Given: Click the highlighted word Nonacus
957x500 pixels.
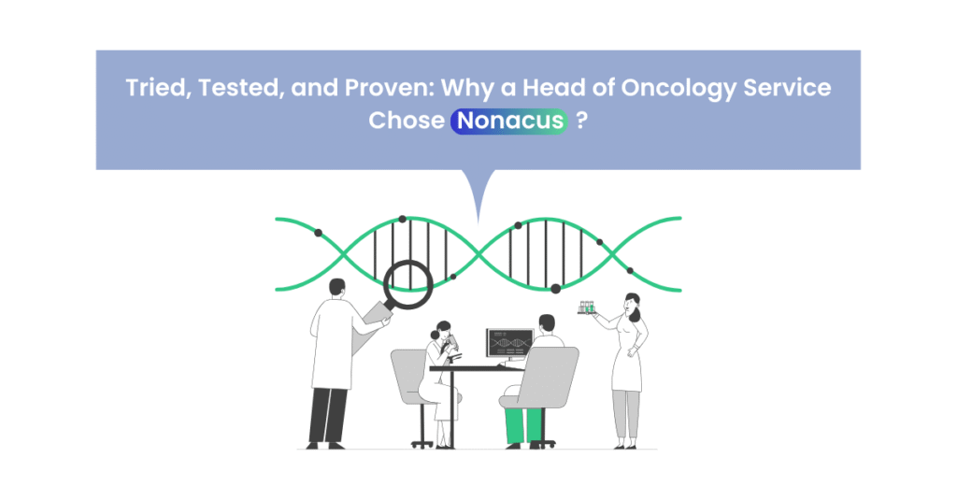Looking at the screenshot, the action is click(509, 121).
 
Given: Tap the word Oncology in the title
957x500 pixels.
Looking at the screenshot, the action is click(678, 89).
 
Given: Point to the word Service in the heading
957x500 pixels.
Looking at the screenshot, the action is click(787, 87).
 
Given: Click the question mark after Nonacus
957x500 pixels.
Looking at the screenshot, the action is click(581, 121).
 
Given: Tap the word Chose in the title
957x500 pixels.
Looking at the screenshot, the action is click(406, 121).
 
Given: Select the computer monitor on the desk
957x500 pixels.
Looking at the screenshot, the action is click(510, 343).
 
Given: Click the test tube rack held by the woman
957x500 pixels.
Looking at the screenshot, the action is click(587, 307).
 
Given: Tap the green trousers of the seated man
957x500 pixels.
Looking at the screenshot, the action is click(523, 424).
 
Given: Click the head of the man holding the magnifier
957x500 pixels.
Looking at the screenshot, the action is click(336, 288).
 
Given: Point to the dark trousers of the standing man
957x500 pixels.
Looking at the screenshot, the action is click(327, 416).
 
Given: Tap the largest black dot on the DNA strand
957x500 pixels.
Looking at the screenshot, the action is click(555, 288).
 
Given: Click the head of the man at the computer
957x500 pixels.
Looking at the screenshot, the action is click(547, 324).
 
